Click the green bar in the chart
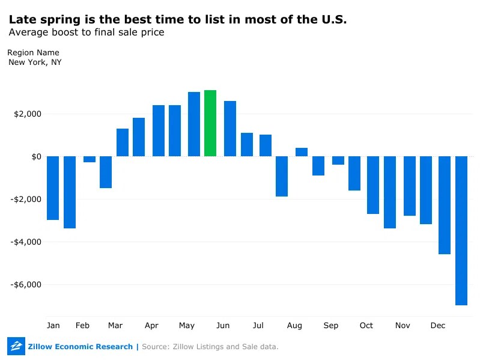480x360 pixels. [210, 123]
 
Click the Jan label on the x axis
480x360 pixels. [53, 326]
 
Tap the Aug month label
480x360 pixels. [294, 326]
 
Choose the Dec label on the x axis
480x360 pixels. [438, 326]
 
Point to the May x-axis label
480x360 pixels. [187, 326]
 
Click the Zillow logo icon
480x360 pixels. [16, 346]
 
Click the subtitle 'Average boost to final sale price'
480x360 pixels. [86, 32]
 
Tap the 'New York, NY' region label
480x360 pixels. [35, 62]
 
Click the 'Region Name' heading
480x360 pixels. [33, 53]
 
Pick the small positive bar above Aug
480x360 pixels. [302, 152]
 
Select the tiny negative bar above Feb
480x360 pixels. [90, 159]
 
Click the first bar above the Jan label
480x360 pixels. [53, 188]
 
